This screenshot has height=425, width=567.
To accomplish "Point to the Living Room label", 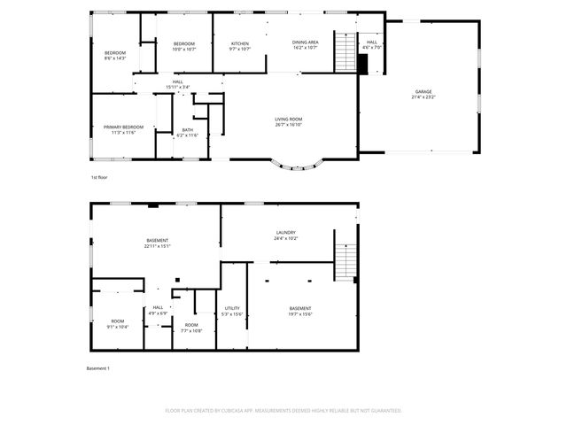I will tap(289, 121).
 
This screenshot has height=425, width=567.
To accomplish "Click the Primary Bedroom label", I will tap(123, 129).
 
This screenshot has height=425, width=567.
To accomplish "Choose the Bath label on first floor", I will tap(187, 132).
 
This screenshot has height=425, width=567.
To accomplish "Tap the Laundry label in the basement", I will tap(285, 236).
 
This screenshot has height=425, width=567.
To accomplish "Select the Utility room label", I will tap(231, 311).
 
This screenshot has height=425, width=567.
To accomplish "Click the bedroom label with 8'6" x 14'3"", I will tap(115, 56).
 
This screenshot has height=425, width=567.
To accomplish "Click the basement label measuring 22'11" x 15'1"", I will tap(158, 243).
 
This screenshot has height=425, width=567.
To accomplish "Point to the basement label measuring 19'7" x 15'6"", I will tap(299, 311).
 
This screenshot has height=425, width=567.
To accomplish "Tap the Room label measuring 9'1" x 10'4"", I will tap(118, 324).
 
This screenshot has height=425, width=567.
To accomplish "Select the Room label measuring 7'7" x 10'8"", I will tap(191, 328).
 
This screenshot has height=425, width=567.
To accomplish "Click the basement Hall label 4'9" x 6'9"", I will tap(157, 311).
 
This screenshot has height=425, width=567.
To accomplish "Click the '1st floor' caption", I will tap(100, 178).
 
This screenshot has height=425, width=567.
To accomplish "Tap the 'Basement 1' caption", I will tap(97, 367).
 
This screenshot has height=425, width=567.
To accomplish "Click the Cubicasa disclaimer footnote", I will tap(283, 411).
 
